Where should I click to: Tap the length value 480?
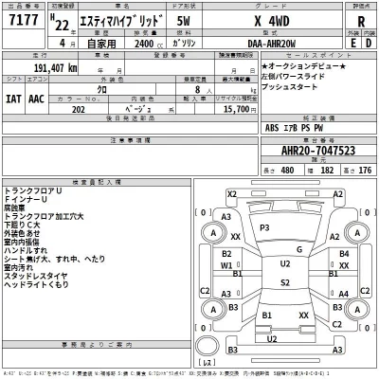point(288,170)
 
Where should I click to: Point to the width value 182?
point(327,170)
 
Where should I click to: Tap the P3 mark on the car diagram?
point(265,228)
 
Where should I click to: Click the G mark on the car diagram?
point(298,250)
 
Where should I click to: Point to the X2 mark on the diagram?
point(230,193)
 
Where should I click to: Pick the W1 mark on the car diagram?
point(226,266)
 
